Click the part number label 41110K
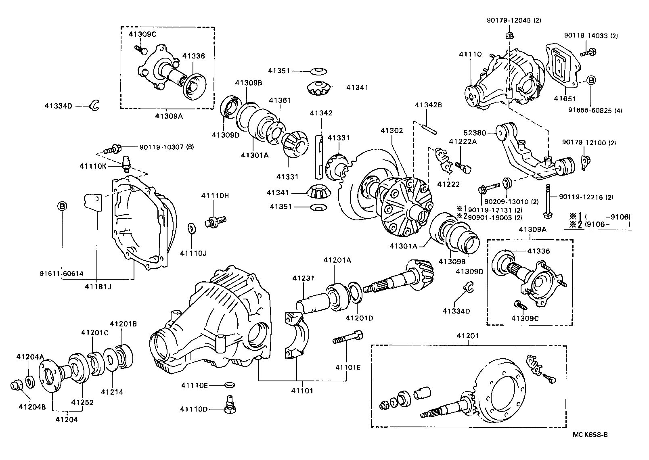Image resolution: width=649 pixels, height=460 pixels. pyautogui.click(x=92, y=166)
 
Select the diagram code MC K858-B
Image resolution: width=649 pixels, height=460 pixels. pyautogui.click(x=590, y=435)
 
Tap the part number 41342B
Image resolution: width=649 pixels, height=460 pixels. pyautogui.click(x=428, y=105)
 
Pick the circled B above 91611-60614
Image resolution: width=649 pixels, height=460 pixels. pyautogui.click(x=62, y=207)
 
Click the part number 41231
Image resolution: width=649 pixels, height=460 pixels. pyautogui.click(x=304, y=278)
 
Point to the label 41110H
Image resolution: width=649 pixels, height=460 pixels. pyautogui.click(x=215, y=195)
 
